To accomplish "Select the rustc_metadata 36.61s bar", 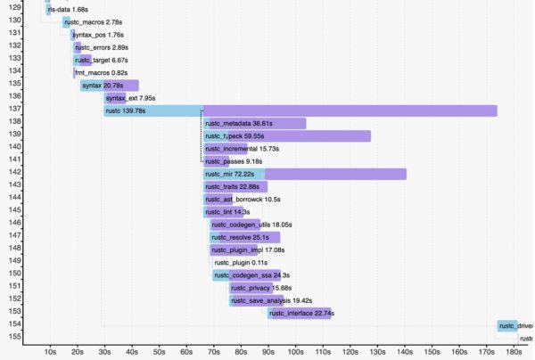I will [x=254, y=124].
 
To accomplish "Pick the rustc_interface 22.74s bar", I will [x=299, y=314].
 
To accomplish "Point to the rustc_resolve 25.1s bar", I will [x=244, y=238].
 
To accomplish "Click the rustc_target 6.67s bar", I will [x=89, y=60].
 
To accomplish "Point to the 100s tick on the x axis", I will [x=297, y=351].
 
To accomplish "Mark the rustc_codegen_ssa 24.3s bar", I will [x=246, y=275].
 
